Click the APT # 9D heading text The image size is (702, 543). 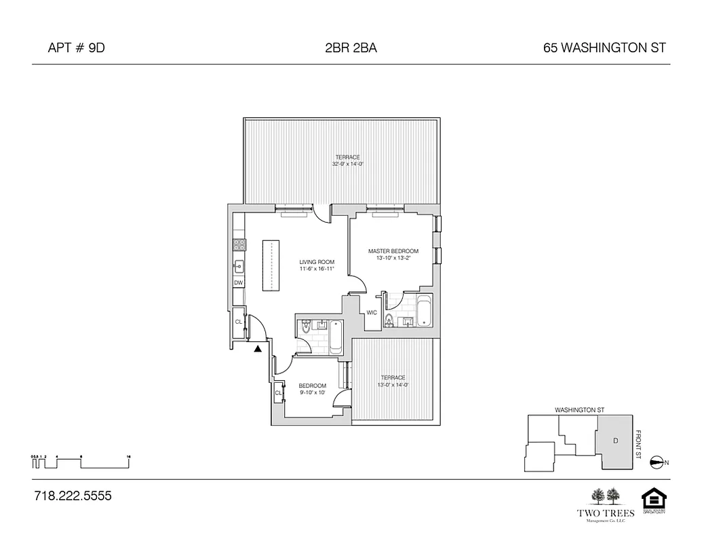pos(77,48)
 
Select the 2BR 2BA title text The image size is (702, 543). pos(351,48)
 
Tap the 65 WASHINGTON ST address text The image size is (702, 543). pos(604,48)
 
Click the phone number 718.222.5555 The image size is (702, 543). pos(72,496)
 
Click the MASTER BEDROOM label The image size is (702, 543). pos(393,251)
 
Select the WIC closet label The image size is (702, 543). pos(372,313)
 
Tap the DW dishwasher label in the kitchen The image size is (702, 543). pos(239,282)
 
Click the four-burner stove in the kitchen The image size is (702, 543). pos(239,243)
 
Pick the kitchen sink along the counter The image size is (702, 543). pos(239,265)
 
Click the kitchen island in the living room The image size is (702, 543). pos(271,265)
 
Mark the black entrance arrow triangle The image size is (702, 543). pos(258,350)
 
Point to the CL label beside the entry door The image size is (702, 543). pos(239,322)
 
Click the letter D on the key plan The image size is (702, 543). pos(615,441)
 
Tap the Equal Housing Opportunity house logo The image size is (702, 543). pos(654,500)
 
